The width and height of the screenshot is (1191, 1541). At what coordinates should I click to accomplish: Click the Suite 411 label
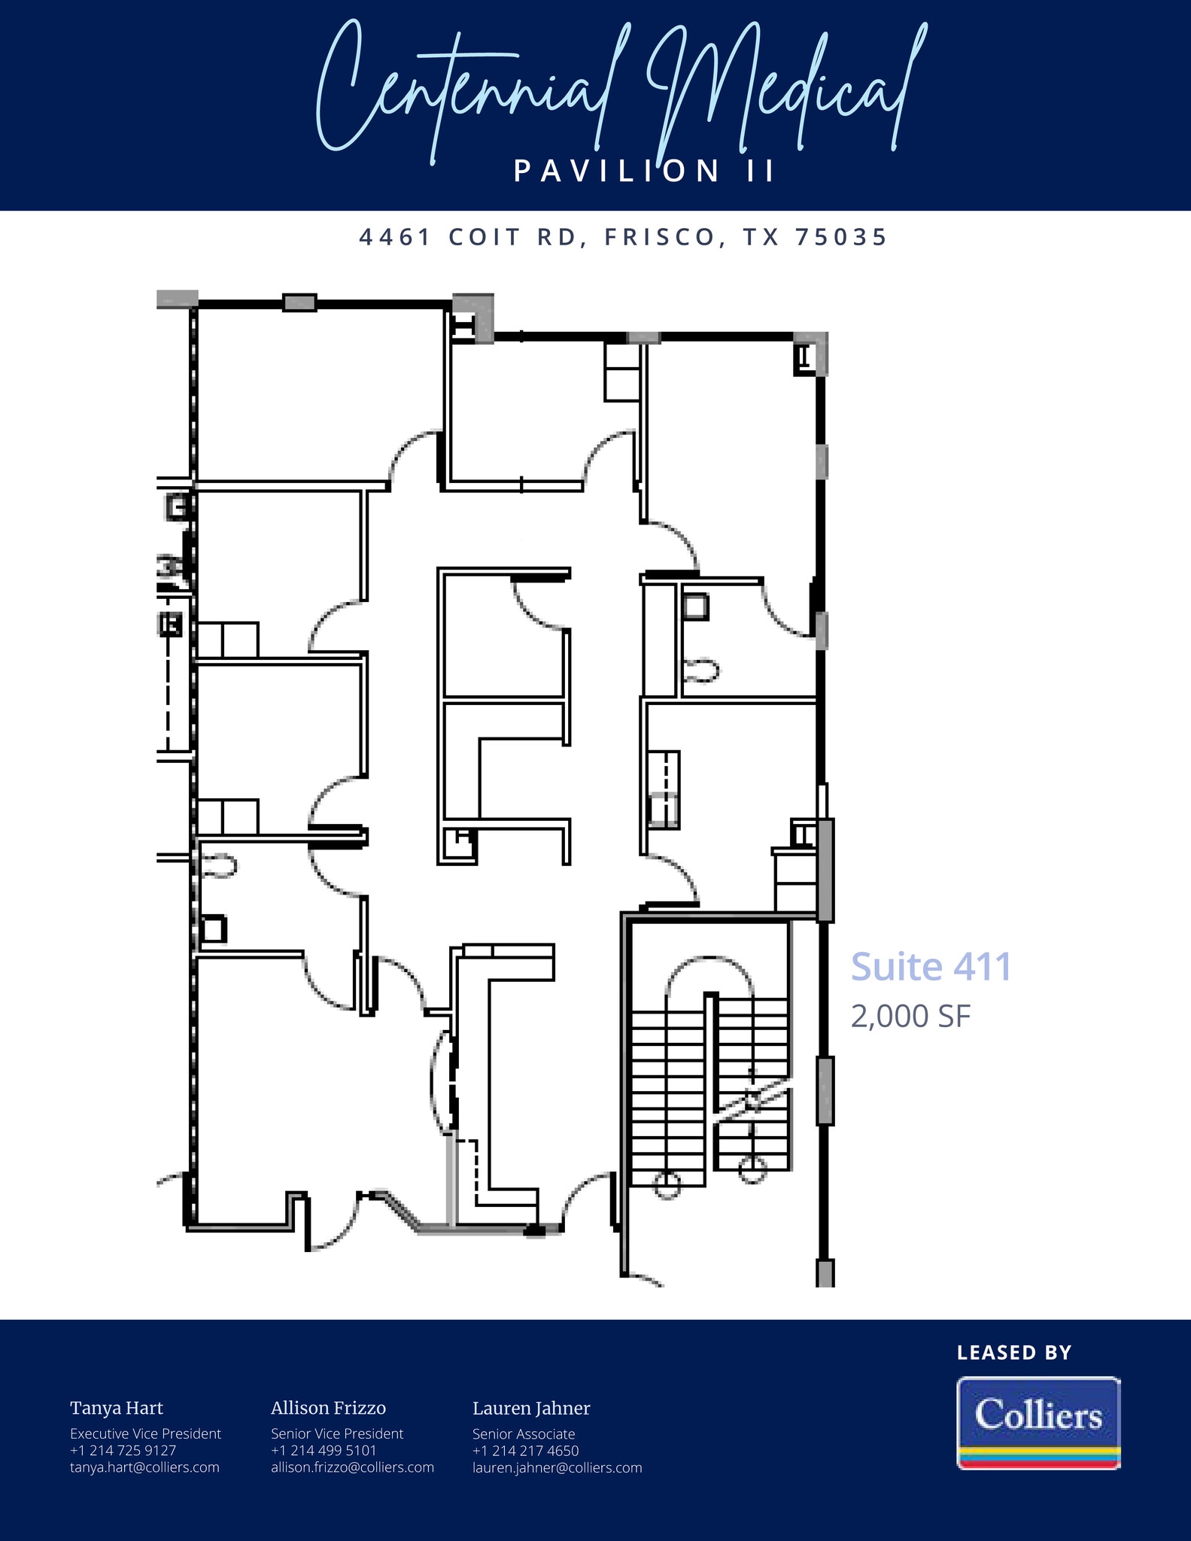(931, 967)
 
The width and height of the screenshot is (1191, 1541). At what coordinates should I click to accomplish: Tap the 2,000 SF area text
(910, 1017)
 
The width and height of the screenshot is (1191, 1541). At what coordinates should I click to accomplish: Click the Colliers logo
(1038, 1422)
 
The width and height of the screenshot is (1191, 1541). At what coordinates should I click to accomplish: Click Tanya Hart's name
(117, 1409)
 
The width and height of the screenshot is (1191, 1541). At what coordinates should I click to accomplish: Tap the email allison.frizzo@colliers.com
(352, 1467)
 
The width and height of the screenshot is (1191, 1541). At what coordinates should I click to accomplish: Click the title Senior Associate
(524, 1434)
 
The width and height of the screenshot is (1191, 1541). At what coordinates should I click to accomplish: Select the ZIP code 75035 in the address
(841, 238)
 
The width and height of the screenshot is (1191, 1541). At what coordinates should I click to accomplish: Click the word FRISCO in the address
(661, 238)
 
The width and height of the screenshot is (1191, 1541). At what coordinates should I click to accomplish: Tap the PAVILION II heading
(644, 172)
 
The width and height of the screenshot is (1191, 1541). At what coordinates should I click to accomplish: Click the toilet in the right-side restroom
(701, 670)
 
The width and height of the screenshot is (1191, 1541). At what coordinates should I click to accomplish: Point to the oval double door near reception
(444, 1081)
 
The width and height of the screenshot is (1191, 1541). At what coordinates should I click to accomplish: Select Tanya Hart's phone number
(123, 1451)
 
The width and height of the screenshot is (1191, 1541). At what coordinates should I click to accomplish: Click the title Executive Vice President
(145, 1434)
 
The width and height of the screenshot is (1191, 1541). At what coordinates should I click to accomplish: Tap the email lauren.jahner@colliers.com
(557, 1467)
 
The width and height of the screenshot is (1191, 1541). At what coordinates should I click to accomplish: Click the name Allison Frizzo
(328, 1409)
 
